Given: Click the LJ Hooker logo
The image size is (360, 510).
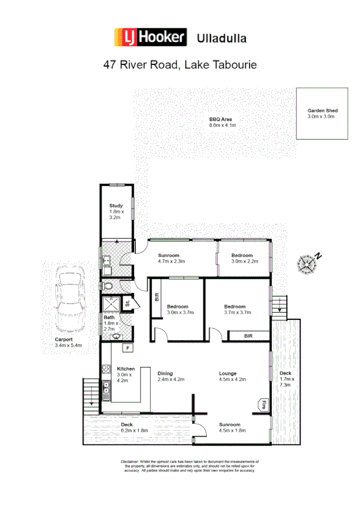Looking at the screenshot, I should (151, 38).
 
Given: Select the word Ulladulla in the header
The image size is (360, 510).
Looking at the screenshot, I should (222, 38).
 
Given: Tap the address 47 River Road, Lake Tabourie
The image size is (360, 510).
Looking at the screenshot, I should (180, 64).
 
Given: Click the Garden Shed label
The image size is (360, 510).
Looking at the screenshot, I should (322, 114).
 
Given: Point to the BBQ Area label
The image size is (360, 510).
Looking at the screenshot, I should (221, 122).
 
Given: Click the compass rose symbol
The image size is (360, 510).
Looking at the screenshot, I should (307, 262).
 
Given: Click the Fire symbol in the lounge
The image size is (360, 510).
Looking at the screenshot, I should (263, 405).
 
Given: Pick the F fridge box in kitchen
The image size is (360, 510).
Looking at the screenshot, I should (127, 348).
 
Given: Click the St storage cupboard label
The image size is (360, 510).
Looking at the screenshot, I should (127, 304).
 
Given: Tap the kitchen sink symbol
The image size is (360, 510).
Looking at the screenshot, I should (106, 391).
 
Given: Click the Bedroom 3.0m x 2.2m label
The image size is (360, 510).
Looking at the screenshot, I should (243, 259).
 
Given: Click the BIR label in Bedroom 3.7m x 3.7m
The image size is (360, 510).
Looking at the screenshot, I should (248, 335).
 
